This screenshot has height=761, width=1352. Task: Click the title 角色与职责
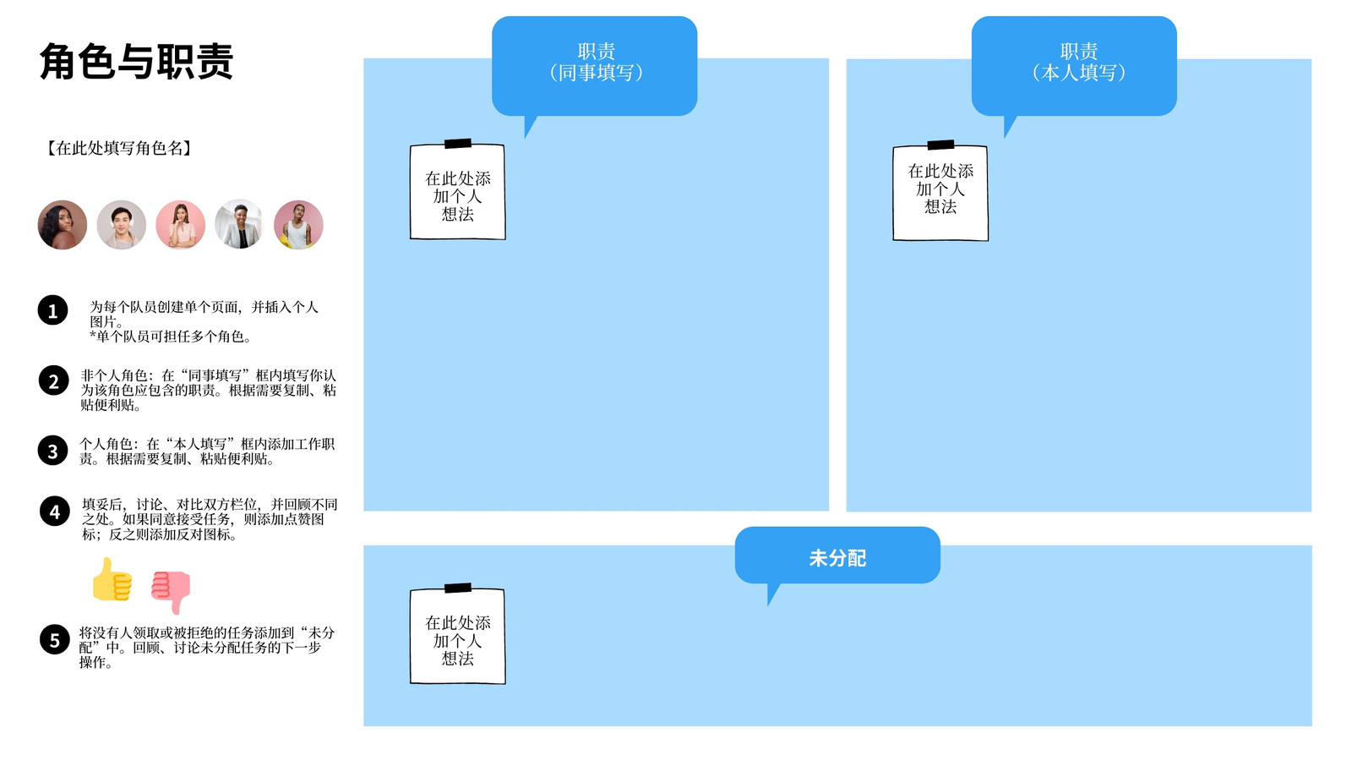click(136, 61)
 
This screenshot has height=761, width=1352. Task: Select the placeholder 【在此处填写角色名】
click(119, 148)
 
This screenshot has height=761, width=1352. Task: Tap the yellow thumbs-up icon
click(112, 580)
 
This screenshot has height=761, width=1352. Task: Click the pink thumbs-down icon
click(171, 591)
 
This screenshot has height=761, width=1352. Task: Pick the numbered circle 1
click(53, 310)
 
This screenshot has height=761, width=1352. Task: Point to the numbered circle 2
click(54, 380)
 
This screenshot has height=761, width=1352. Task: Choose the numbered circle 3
click(53, 451)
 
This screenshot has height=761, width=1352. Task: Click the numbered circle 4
click(55, 511)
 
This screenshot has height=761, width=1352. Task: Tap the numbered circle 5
click(55, 639)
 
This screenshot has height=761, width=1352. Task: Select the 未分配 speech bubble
click(837, 555)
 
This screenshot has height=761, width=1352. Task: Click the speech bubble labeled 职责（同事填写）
click(595, 66)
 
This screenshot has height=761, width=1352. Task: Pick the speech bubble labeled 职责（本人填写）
click(1074, 66)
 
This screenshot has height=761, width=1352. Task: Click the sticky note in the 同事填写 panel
click(457, 191)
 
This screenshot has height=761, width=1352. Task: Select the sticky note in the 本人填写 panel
click(940, 193)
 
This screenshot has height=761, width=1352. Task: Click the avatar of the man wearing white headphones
click(122, 225)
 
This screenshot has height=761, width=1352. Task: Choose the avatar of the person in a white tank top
click(298, 225)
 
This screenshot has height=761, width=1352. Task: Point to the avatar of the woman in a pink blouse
click(181, 225)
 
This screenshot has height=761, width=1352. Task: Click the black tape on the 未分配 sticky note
click(458, 588)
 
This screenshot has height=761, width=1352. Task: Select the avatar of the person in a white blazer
click(239, 225)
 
